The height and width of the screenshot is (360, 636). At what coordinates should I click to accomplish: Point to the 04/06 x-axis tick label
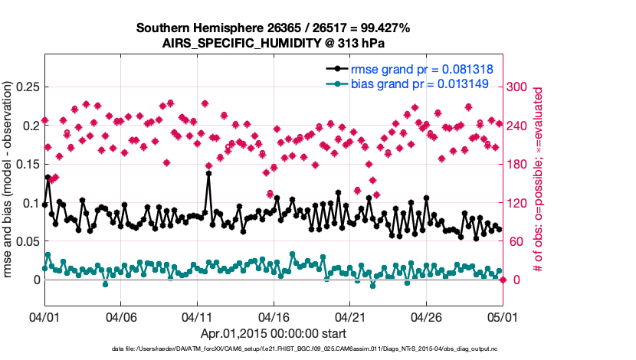click(121, 316)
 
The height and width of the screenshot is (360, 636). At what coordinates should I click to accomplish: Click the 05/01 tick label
click(503, 316)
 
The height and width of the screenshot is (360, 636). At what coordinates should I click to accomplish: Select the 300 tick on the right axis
click(520, 87)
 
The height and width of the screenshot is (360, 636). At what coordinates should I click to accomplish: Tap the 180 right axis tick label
click(520, 164)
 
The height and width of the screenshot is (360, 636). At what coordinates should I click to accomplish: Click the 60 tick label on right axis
click(517, 241)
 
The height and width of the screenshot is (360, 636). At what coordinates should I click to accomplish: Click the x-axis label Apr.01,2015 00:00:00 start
click(274, 333)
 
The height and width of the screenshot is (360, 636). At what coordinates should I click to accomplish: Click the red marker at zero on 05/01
click(503, 280)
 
